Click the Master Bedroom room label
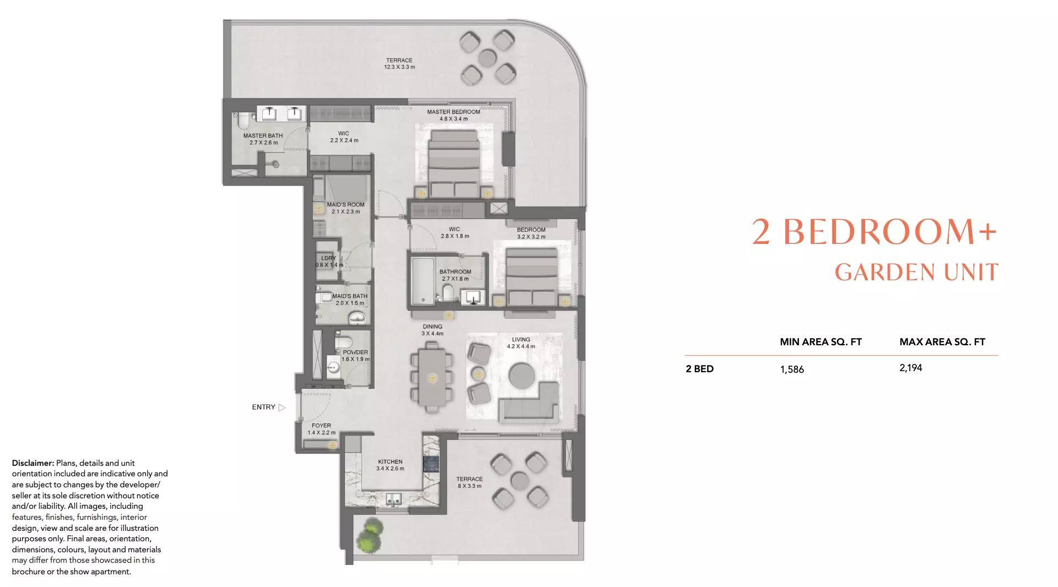click(x=454, y=112)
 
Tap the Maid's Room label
click(x=346, y=205)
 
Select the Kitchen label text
click(x=390, y=462)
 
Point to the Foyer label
click(x=321, y=426)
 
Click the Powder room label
click(x=355, y=352)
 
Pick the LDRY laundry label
click(x=328, y=258)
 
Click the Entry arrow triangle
click(x=282, y=407)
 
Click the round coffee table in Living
click(x=522, y=377)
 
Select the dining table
click(x=432, y=377)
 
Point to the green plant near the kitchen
click(x=370, y=535)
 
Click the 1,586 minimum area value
click(x=792, y=369)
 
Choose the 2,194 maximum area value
click(x=911, y=368)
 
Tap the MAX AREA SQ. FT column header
click(x=942, y=342)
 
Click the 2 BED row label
click(x=700, y=369)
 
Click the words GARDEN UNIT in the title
click(x=916, y=272)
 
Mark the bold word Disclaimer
click(x=33, y=463)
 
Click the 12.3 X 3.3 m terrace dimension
click(x=400, y=67)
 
